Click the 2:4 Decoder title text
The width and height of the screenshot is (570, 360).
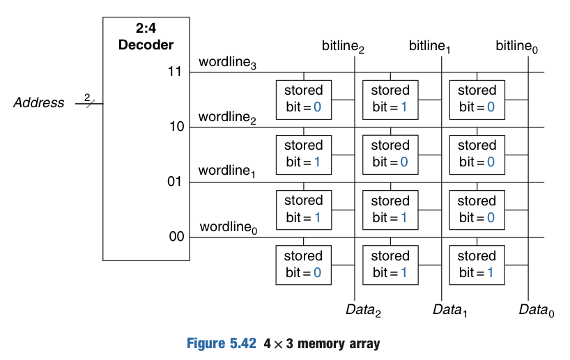click(146, 38)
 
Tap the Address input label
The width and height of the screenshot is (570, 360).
click(39, 103)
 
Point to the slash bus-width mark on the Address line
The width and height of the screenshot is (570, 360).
click(88, 103)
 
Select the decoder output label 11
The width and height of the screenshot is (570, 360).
click(175, 72)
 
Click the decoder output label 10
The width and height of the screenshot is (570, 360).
click(175, 127)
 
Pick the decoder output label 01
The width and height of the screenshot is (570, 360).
click(175, 182)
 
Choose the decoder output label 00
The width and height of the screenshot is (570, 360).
click(175, 237)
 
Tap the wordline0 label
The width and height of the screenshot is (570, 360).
click(228, 228)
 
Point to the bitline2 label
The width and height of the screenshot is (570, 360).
click(343, 47)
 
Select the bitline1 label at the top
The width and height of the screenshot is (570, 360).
click(429, 47)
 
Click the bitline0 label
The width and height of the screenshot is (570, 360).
click(516, 47)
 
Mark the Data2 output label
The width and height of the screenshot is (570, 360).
click(363, 309)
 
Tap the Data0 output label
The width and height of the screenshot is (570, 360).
click(536, 309)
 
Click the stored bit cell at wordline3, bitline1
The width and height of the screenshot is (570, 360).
click(390, 99)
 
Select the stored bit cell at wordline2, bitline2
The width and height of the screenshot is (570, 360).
click(304, 154)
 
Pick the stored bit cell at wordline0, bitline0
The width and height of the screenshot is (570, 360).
click(477, 264)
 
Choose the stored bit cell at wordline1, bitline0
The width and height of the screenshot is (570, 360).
click(477, 209)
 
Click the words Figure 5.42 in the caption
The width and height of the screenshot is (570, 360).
click(222, 344)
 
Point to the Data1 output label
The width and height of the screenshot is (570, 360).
click(449, 309)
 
